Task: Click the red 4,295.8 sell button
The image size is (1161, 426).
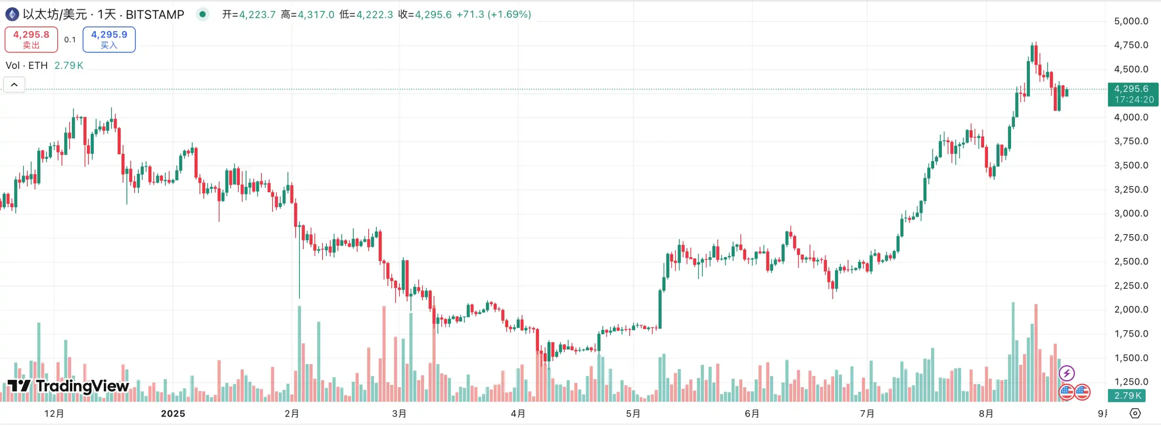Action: pyautogui.click(x=31, y=39)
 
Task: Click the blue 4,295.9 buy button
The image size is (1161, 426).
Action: pyautogui.click(x=109, y=39)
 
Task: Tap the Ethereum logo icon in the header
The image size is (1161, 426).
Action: pyautogui.click(x=12, y=15)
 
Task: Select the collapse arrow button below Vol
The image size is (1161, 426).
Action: pyautogui.click(x=14, y=84)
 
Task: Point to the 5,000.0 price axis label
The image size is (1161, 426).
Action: pyautogui.click(x=1131, y=21)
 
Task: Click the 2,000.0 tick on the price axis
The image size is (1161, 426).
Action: pyautogui.click(x=1131, y=310)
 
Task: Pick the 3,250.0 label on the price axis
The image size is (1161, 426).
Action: pyautogui.click(x=1131, y=189)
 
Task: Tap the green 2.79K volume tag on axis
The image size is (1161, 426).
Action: pyautogui.click(x=1127, y=395)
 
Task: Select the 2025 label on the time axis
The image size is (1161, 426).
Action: pyautogui.click(x=173, y=413)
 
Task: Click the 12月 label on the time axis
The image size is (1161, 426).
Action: pyautogui.click(x=54, y=413)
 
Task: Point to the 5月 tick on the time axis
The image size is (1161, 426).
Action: pyautogui.click(x=633, y=413)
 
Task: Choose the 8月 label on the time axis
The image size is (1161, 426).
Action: pyautogui.click(x=986, y=413)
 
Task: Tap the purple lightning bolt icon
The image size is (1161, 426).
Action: pyautogui.click(x=1066, y=373)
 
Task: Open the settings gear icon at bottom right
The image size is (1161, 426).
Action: pyautogui.click(x=1135, y=413)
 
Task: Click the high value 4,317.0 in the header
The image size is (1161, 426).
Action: pyautogui.click(x=316, y=15)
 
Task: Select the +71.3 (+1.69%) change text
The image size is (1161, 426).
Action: pyautogui.click(x=493, y=15)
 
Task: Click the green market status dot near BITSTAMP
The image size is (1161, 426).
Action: pyautogui.click(x=203, y=15)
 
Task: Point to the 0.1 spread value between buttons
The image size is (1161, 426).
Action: pyautogui.click(x=70, y=40)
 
